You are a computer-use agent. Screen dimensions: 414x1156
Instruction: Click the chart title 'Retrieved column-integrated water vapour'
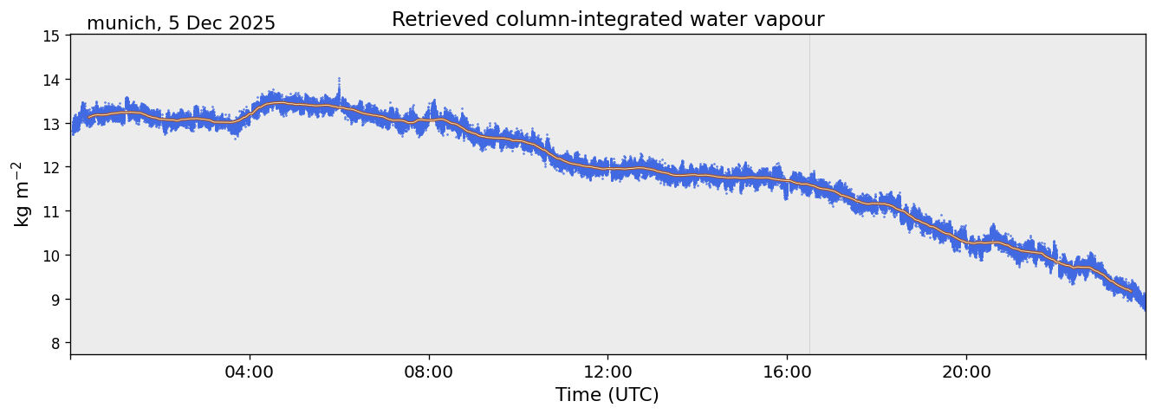(607, 19)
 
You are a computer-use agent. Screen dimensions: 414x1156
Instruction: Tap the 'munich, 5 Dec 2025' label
(181, 23)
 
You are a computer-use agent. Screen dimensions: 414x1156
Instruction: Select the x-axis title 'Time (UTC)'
(607, 395)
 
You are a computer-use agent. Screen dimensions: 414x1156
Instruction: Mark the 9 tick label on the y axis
(54, 300)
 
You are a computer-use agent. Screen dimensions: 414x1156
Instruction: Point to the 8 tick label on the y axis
(54, 344)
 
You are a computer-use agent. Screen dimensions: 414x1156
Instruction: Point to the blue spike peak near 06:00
(339, 79)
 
